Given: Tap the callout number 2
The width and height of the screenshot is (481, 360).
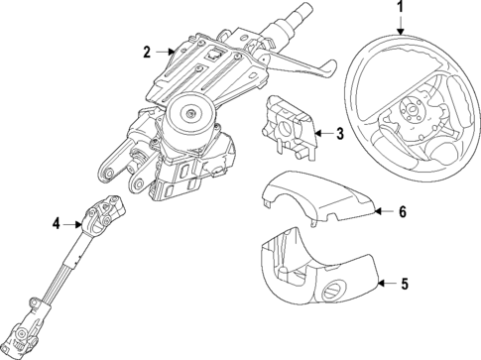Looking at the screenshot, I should click(x=147, y=52).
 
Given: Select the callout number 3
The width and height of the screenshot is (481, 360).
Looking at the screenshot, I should click(x=339, y=132).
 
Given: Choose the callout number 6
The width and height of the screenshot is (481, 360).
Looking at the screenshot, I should click(x=403, y=211).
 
